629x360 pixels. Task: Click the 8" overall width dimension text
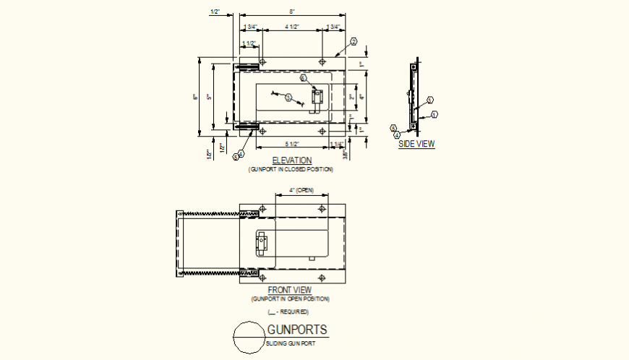[x=291, y=12]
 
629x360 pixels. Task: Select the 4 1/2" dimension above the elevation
[x=291, y=27]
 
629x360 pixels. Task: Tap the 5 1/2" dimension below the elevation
[x=291, y=145]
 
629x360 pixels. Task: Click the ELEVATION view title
[x=291, y=160]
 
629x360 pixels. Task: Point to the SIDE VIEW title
[x=417, y=144]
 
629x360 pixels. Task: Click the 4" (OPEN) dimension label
[x=301, y=190]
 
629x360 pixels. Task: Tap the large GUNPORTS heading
[x=296, y=330]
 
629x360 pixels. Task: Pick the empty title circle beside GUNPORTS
[x=247, y=338]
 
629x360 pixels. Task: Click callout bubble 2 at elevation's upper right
[x=354, y=42]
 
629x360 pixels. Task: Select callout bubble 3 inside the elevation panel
[x=288, y=97]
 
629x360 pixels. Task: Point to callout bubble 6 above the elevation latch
[x=304, y=77]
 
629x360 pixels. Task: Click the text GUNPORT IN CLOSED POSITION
[x=291, y=169]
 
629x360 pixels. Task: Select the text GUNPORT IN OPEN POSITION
[x=290, y=299]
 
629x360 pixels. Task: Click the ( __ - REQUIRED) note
[x=288, y=312]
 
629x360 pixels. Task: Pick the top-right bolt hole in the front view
[x=322, y=209]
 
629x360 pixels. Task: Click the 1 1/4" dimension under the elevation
[x=337, y=145]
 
